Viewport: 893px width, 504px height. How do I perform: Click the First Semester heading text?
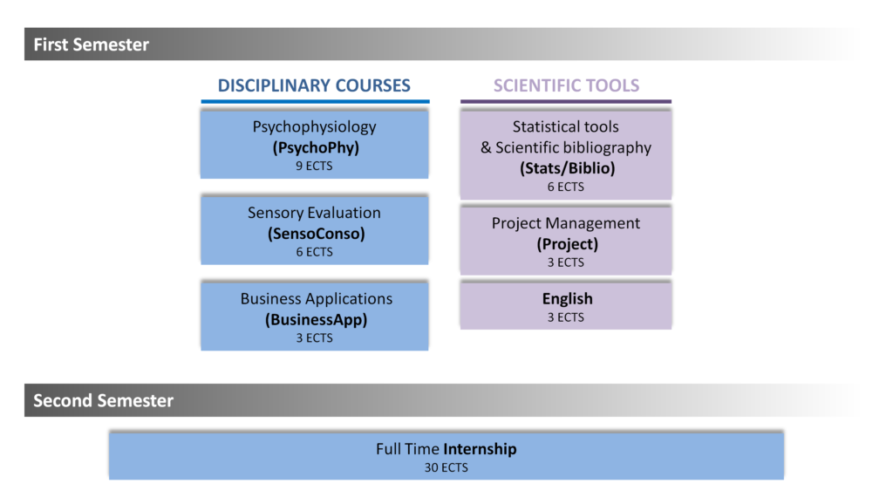tap(91, 44)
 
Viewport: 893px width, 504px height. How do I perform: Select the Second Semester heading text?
tap(103, 400)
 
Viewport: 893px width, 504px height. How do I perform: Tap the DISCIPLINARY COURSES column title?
tap(314, 85)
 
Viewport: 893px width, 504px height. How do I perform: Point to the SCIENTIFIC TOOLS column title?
tap(566, 85)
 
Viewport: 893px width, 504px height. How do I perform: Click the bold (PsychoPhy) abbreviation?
tap(316, 147)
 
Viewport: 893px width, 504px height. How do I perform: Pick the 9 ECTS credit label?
tap(314, 166)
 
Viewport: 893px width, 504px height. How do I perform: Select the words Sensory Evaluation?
tap(314, 213)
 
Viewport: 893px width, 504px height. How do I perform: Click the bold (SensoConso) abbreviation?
tap(316, 234)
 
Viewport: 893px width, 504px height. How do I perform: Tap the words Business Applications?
tap(316, 299)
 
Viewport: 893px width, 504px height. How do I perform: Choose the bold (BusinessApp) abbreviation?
tap(316, 319)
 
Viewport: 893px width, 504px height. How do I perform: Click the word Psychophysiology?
tap(314, 127)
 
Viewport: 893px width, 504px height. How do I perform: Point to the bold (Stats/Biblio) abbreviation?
tap(567, 168)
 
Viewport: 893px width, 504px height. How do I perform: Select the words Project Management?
tap(565, 223)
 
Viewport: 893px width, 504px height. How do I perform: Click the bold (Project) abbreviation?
tap(567, 244)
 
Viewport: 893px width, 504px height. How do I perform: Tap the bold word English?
tap(567, 299)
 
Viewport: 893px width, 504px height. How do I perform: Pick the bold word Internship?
tap(481, 449)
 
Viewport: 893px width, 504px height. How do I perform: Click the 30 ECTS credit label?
tap(446, 467)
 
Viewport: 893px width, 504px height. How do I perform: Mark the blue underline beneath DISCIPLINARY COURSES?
tap(315, 102)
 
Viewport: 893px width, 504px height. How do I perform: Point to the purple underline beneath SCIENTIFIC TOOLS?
tap(566, 102)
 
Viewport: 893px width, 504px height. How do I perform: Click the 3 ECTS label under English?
tap(565, 317)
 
